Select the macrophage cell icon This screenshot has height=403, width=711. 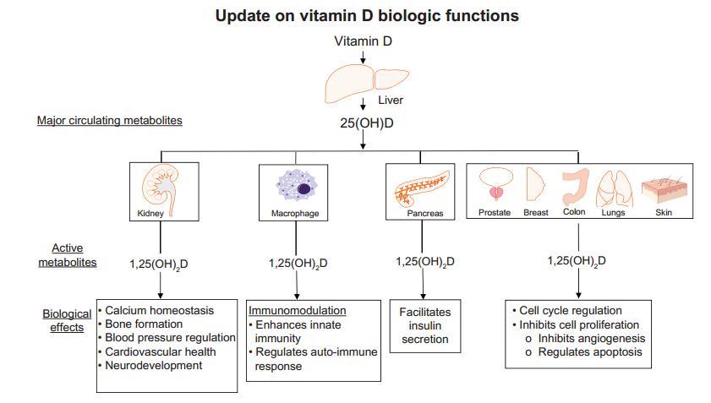pos(294,185)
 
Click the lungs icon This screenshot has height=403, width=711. pos(612,186)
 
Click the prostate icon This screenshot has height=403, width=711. pos(494,184)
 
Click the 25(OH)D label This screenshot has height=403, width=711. pos(362,123)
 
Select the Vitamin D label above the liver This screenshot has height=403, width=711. pos(362,41)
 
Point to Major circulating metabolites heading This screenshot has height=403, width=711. pos(109,121)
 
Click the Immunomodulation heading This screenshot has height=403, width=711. pos(297,311)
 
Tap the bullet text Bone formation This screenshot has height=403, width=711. pos(144,324)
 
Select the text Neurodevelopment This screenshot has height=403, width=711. pos(154,365)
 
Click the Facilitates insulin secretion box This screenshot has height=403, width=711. pos(424,326)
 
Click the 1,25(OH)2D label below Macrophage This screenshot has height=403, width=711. pos(298,263)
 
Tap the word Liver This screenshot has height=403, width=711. pos(390,101)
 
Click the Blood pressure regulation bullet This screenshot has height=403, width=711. pos(170,338)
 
